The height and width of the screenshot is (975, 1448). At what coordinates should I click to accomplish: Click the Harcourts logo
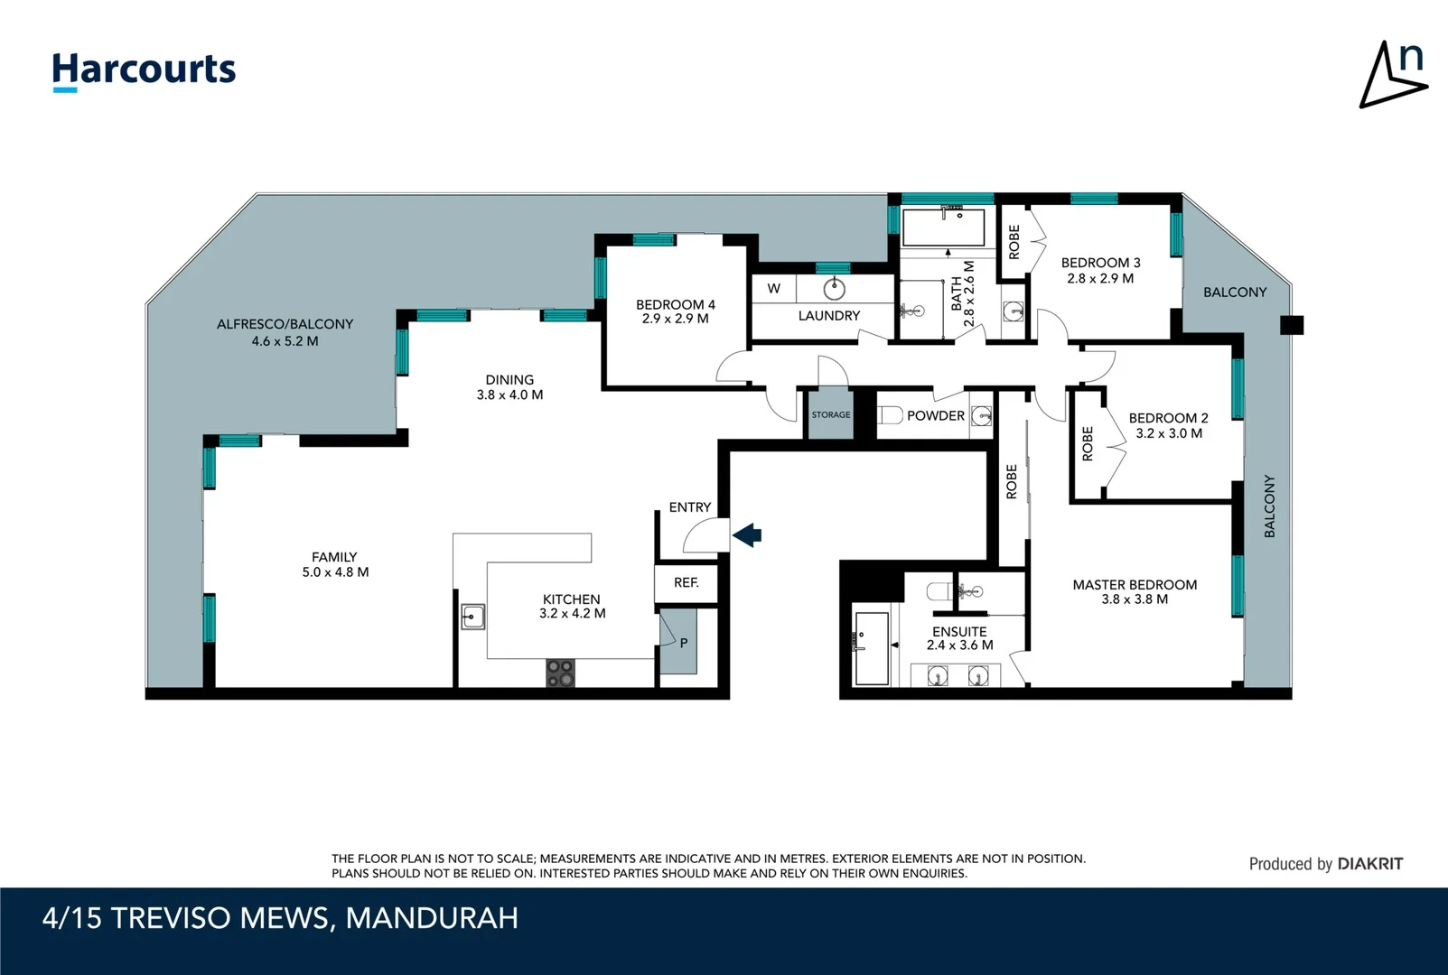point(144,70)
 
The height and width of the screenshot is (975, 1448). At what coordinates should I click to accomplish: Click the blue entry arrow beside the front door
point(747,535)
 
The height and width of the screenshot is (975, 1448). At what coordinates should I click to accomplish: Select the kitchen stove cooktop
point(560,673)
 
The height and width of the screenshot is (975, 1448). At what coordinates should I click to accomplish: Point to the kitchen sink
point(472,617)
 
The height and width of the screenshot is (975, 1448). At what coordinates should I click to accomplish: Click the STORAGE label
point(830,415)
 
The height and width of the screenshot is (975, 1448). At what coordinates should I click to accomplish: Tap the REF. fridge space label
point(686,583)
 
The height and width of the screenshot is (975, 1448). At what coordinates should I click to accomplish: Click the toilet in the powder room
point(891,415)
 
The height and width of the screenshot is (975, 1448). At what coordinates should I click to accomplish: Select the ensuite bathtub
point(872,646)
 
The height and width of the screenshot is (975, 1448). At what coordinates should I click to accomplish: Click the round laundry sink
point(835,289)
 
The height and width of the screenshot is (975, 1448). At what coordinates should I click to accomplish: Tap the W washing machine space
point(774,289)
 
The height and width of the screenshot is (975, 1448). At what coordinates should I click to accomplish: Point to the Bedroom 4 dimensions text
point(675,319)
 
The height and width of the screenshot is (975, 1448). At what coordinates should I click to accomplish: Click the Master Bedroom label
point(1135,585)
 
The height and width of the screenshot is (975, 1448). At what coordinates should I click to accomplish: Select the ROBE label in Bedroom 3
point(1014,242)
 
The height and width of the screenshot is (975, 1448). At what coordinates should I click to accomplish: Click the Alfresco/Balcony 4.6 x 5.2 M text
point(285,341)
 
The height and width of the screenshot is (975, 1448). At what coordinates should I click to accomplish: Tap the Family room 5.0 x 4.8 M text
point(335,572)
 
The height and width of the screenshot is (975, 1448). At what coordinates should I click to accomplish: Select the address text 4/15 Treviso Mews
point(280,918)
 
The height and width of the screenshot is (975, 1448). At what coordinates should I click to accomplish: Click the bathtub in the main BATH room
point(943,227)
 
